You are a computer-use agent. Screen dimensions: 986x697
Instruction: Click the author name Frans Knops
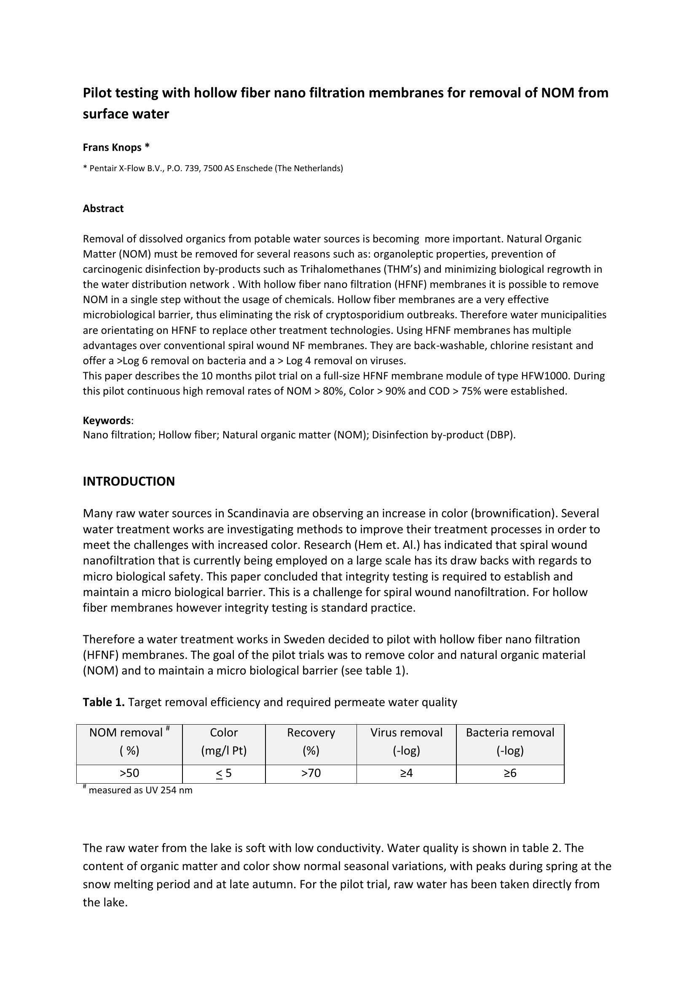tap(112, 147)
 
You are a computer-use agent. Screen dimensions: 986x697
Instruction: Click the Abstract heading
tap(103, 208)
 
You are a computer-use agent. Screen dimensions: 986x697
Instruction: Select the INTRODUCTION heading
tap(129, 481)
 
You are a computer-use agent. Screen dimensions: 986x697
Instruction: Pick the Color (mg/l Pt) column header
tap(224, 741)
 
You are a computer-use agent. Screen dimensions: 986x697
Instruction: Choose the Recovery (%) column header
tap(311, 741)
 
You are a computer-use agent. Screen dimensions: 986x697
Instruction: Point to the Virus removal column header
tap(406, 741)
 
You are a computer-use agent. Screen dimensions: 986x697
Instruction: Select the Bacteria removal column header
tap(510, 741)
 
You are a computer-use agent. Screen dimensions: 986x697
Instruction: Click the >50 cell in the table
tap(129, 773)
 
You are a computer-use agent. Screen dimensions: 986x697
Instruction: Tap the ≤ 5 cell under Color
tap(224, 773)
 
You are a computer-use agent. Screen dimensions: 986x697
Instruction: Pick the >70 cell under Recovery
tap(311, 773)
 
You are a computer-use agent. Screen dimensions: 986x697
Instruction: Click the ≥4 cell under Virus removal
tap(406, 773)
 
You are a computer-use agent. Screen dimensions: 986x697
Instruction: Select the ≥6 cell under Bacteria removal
tap(510, 773)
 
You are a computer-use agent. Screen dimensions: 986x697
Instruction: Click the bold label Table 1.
tap(103, 702)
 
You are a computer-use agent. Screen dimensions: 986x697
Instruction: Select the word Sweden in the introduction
tap(304, 639)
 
